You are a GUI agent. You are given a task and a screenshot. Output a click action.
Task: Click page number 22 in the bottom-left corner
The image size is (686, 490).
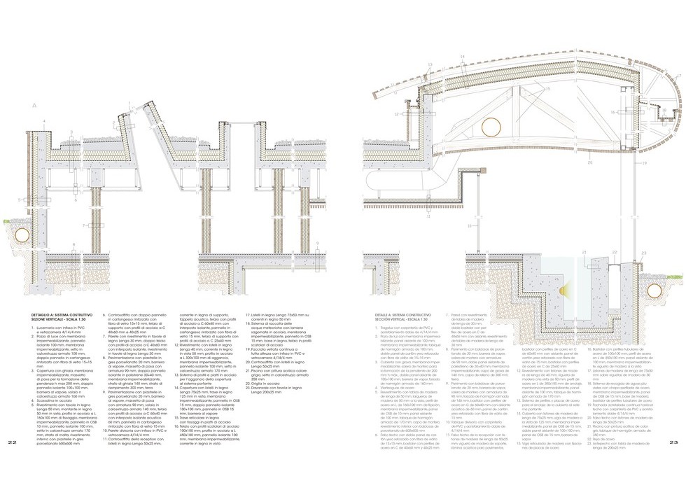(12, 463)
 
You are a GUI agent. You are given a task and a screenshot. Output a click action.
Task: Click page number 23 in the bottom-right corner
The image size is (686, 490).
(673, 463)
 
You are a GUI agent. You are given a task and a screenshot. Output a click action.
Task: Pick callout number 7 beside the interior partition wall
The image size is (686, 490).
(83, 225)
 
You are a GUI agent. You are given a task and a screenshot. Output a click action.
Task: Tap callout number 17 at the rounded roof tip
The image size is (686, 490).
(678, 74)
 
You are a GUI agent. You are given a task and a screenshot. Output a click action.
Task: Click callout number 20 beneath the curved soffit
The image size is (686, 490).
(590, 162)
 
